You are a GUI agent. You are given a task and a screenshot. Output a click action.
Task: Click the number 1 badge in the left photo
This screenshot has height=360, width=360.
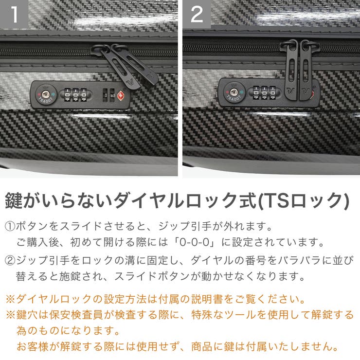coord(14,14)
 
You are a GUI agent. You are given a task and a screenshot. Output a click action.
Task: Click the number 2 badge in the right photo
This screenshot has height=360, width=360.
coord(197,14)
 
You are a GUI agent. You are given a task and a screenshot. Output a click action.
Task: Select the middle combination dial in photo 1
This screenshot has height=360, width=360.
coord(75,93)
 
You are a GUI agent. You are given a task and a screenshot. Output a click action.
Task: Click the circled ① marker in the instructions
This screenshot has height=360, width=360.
coord(10,227)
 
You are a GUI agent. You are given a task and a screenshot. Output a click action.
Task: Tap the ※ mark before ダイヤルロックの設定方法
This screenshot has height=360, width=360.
coord(10,298)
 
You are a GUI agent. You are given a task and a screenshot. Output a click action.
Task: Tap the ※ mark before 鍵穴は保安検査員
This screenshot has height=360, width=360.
coord(10,315)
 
